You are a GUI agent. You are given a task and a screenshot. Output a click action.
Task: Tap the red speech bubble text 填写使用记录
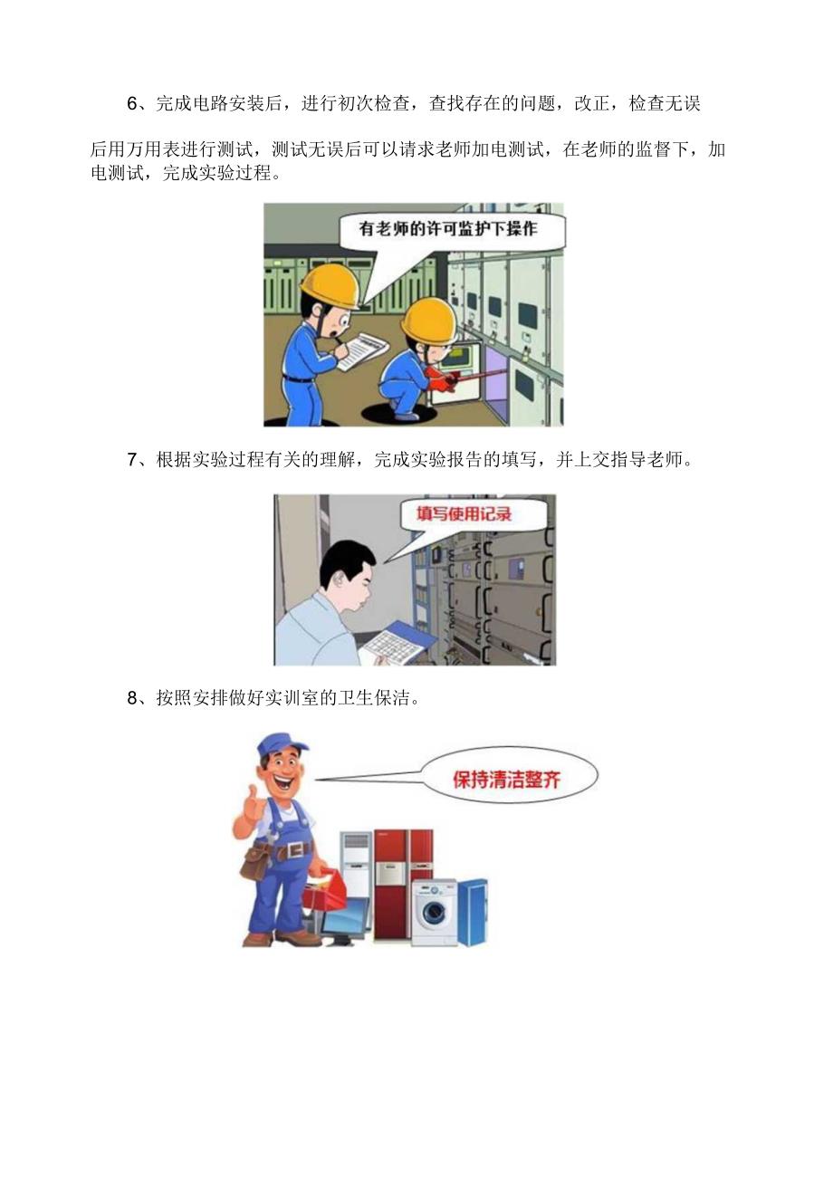click(464, 514)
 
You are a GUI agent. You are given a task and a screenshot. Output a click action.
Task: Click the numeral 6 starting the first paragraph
click(131, 104)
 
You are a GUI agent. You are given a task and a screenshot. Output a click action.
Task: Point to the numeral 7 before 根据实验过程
click(131, 460)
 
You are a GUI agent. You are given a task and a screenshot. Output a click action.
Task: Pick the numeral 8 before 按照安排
click(131, 698)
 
